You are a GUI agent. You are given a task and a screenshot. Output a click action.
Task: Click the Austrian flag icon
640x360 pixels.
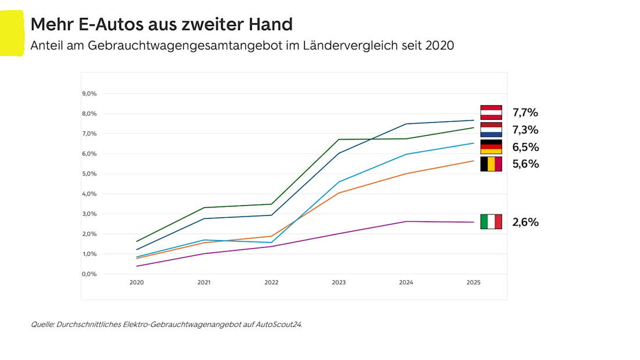pyautogui.click(x=490, y=112)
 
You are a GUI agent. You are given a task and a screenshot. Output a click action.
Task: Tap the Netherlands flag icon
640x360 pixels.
pyautogui.click(x=490, y=129)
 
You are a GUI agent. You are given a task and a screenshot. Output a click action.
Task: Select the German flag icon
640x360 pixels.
pyautogui.click(x=490, y=147)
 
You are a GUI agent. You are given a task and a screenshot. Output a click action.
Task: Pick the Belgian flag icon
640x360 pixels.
pyautogui.click(x=490, y=164)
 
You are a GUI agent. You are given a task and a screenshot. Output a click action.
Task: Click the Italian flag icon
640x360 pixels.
pyautogui.click(x=490, y=222)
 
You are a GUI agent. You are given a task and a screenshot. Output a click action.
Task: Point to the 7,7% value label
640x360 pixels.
pyautogui.click(x=525, y=112)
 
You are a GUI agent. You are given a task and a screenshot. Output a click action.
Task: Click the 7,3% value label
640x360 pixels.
pyautogui.click(x=525, y=130)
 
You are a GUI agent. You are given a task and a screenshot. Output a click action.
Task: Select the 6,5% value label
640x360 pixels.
pyautogui.click(x=525, y=147)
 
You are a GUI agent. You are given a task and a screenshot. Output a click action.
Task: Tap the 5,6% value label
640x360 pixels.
pyautogui.click(x=525, y=164)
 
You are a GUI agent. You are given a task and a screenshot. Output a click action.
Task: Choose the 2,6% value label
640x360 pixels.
pyautogui.click(x=525, y=222)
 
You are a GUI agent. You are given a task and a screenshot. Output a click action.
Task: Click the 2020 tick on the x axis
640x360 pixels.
pyautogui.click(x=136, y=283)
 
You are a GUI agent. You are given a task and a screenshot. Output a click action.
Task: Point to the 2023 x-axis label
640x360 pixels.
pyautogui.click(x=339, y=283)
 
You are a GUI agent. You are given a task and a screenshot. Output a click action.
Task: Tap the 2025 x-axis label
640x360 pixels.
pyautogui.click(x=474, y=283)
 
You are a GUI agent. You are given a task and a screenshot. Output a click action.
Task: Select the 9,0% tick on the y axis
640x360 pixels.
pyautogui.click(x=90, y=94)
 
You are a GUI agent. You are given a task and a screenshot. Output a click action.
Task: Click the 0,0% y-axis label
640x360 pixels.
pyautogui.click(x=90, y=274)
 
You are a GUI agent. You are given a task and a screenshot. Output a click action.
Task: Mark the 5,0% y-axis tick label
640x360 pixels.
pyautogui.click(x=90, y=174)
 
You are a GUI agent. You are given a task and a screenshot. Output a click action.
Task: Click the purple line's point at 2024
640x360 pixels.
pyautogui.click(x=406, y=222)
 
